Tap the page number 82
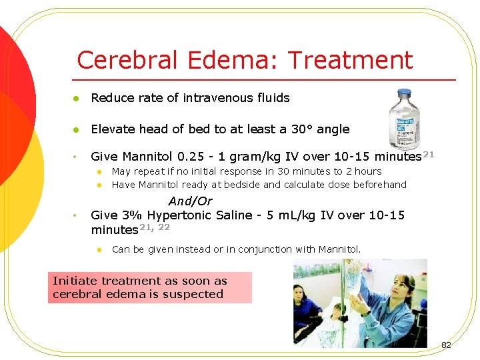pos(446,345)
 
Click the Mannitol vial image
pos(406,119)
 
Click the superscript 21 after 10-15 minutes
pos(429,154)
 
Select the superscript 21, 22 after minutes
pos(154,227)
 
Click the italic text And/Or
pos(190,201)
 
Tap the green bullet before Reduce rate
pos(77,99)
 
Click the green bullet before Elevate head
pos(77,129)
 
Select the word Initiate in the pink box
pos(75,281)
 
